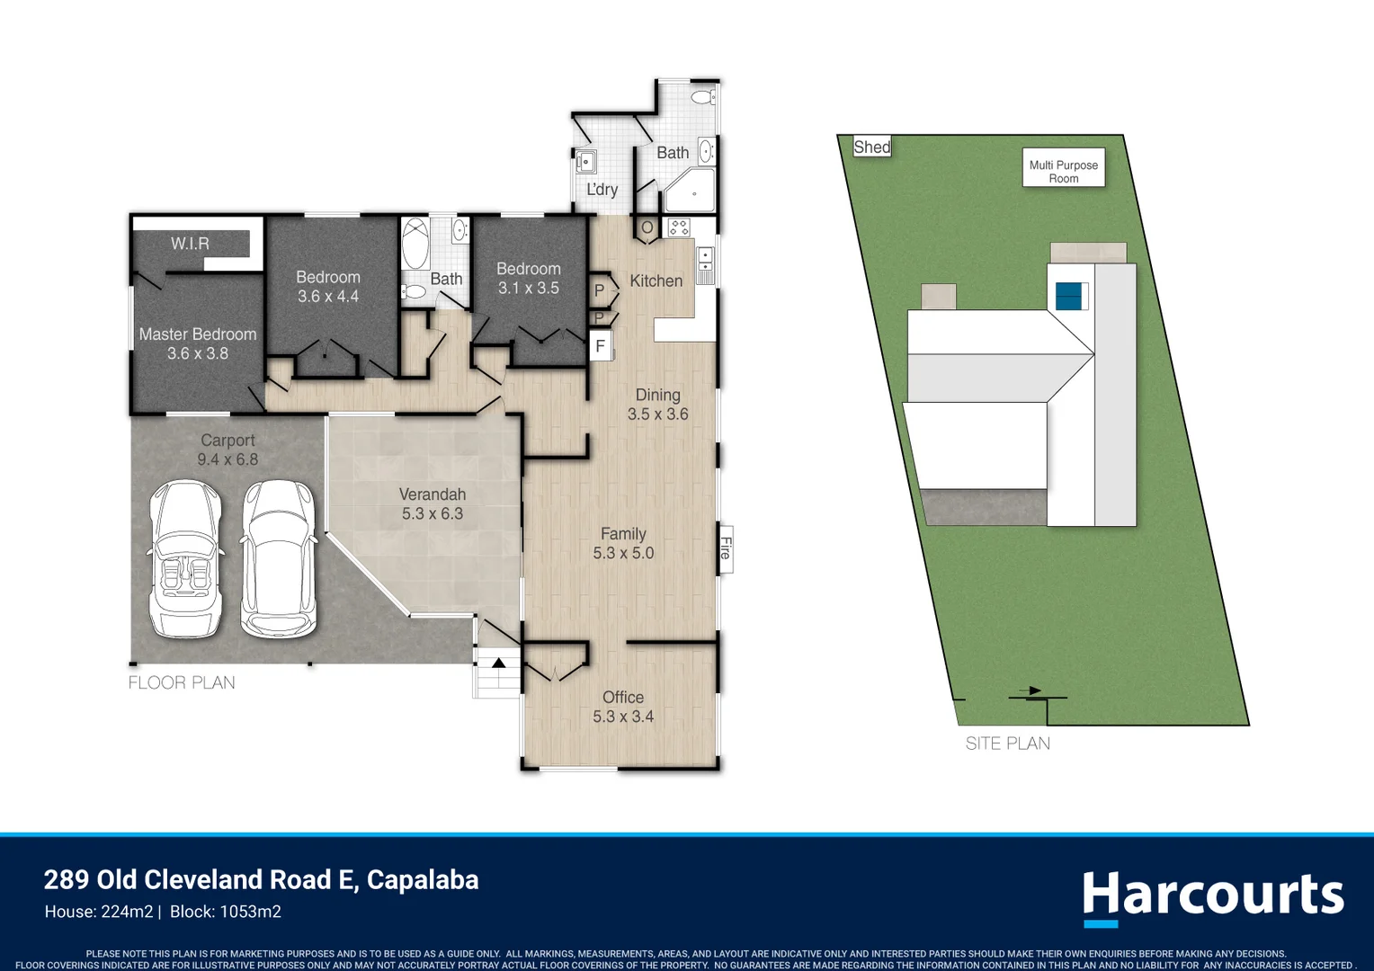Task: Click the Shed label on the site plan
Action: (872, 147)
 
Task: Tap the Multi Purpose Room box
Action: (1064, 167)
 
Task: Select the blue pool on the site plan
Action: (1068, 296)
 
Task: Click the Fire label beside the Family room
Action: (726, 548)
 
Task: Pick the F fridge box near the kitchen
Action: (601, 346)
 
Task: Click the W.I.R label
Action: (190, 244)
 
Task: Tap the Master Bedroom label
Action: (198, 334)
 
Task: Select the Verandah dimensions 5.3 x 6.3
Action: (433, 513)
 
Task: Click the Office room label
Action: (623, 698)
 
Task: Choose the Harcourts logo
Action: (1213, 897)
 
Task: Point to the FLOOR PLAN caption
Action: (182, 682)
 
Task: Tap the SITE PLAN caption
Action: (1008, 744)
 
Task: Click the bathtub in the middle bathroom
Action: (415, 244)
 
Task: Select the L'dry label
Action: (602, 190)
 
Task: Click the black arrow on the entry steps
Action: (499, 664)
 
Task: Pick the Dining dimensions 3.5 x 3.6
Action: (657, 414)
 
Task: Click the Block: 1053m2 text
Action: (226, 913)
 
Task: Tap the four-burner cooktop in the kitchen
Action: (679, 227)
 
